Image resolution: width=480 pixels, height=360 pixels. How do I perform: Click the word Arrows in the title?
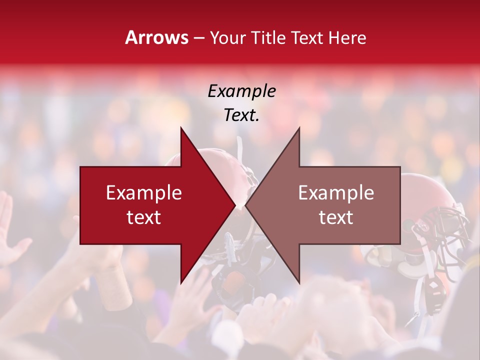157,37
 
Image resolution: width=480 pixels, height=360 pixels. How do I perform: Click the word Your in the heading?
227,37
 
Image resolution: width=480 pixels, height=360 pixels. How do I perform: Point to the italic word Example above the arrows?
241,91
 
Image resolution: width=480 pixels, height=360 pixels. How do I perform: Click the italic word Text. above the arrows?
241,115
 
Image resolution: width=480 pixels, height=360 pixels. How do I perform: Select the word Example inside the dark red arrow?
144,193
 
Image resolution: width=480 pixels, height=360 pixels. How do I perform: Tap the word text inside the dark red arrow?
144,217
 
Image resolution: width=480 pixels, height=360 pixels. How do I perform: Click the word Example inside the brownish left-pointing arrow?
336,193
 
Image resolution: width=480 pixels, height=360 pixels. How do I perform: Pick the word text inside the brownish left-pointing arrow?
336,217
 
